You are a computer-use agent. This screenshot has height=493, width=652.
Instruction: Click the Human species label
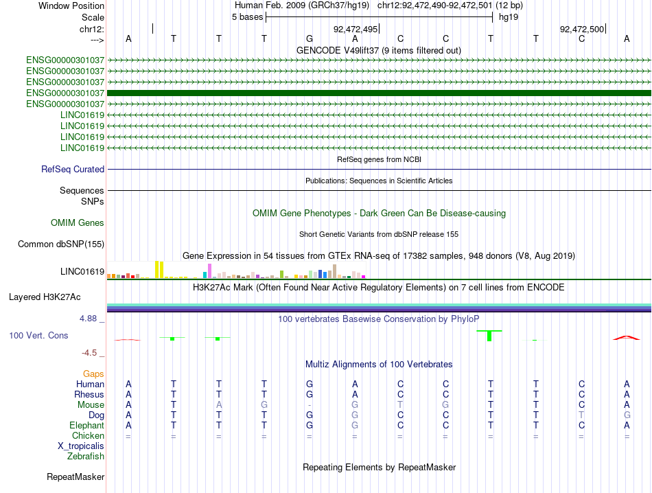click(90, 384)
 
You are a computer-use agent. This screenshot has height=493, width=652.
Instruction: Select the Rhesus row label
click(89, 394)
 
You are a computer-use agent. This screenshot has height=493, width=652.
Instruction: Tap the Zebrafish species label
click(86, 457)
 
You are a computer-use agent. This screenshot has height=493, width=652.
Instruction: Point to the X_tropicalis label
click(81, 446)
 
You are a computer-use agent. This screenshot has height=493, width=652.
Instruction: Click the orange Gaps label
click(93, 374)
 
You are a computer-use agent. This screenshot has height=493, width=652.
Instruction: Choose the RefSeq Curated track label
click(73, 170)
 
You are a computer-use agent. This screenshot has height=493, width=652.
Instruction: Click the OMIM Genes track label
click(78, 223)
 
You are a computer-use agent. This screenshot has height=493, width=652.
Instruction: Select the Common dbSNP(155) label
click(61, 244)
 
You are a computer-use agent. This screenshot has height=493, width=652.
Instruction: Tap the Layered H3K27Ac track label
click(45, 297)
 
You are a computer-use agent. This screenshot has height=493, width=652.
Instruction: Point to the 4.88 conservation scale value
click(88, 319)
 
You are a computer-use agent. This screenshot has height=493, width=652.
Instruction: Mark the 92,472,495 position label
click(355, 29)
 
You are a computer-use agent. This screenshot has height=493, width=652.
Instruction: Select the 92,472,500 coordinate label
click(582, 29)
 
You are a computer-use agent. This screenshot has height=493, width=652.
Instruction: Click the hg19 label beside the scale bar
click(509, 17)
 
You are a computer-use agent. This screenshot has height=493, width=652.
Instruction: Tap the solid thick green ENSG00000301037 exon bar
click(380, 93)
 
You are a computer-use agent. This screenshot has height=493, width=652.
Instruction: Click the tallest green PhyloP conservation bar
click(489, 336)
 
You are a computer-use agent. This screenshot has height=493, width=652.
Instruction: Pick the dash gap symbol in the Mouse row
click(310, 405)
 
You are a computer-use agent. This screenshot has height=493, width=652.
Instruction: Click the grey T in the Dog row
click(582, 415)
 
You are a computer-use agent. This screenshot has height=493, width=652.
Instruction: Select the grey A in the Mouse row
click(219, 405)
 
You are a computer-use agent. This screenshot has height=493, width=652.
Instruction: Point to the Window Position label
click(71, 5)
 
